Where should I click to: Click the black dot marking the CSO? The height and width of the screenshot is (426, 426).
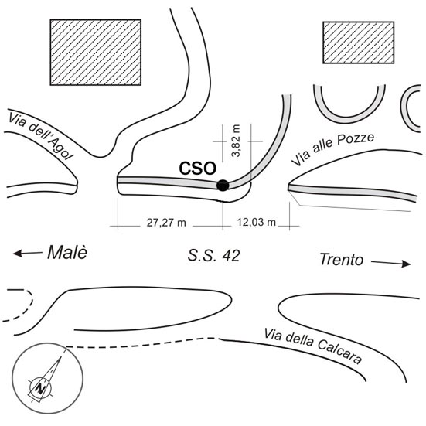[223, 186]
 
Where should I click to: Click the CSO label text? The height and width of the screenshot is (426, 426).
[197, 169]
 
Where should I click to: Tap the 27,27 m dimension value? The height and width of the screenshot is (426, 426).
[166, 223]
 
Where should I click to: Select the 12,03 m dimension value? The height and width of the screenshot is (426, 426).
[257, 222]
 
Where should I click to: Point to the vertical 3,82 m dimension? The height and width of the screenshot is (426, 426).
[236, 141]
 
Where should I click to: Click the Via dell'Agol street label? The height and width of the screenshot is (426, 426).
[41, 137]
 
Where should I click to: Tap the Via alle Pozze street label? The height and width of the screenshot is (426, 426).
[332, 149]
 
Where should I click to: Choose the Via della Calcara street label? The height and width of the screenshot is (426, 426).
[313, 346]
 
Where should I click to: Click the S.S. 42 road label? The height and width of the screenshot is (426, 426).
[214, 256]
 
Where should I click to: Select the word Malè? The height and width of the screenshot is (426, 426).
[67, 252]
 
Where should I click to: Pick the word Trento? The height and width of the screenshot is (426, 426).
[342, 259]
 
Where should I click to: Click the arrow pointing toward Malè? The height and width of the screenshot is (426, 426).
[27, 254]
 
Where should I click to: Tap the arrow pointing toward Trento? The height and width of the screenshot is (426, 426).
[390, 263]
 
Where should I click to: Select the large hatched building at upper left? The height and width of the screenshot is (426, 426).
[96, 52]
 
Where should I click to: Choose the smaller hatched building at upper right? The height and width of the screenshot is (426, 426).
[359, 43]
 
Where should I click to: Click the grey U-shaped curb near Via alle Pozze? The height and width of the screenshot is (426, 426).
[349, 120]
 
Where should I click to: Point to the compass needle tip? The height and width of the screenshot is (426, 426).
[61, 356]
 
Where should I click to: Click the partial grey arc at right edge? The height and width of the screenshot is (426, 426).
[403, 109]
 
